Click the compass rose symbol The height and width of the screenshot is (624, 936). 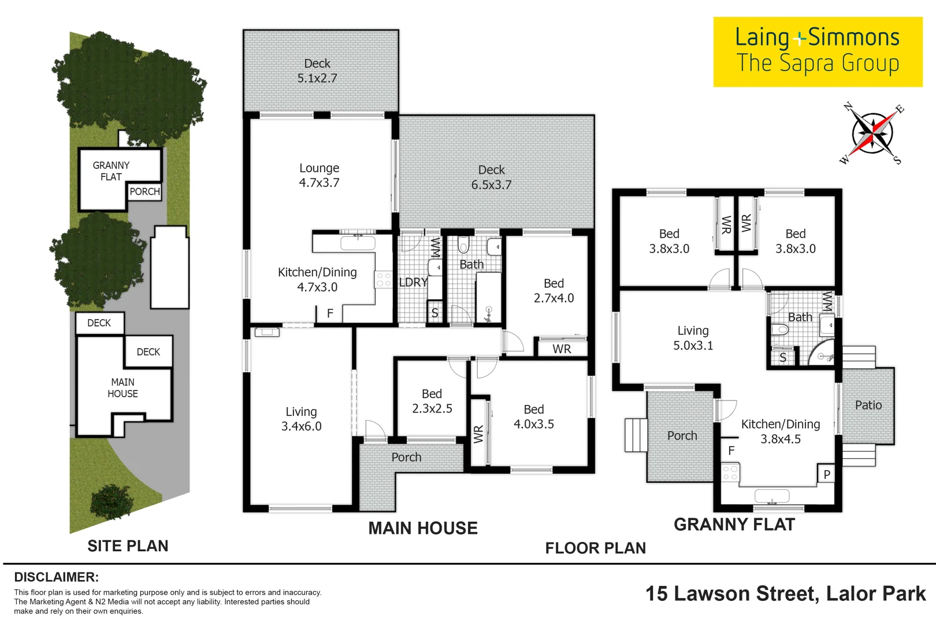click(x=872, y=134)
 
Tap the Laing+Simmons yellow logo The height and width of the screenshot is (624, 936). click(x=817, y=51)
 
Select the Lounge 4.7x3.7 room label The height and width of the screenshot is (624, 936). click(x=319, y=175)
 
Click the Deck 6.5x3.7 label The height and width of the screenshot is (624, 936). click(x=491, y=177)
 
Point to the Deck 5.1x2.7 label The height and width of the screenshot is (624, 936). click(x=317, y=70)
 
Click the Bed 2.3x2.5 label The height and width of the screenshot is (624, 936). click(x=432, y=401)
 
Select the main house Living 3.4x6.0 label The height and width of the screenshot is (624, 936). click(x=301, y=419)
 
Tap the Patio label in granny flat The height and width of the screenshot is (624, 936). click(x=868, y=405)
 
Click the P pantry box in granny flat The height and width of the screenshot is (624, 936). click(x=826, y=474)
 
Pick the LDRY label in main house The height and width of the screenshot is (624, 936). click(x=413, y=282)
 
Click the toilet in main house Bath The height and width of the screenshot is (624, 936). click(x=463, y=246)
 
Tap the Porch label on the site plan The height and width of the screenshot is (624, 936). click(x=144, y=191)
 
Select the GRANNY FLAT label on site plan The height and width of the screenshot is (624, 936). click(x=111, y=171)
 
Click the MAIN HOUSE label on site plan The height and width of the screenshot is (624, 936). click(x=122, y=388)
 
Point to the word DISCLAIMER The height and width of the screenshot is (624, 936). click(x=56, y=577)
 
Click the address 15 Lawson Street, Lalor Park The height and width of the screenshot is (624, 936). click(x=785, y=593)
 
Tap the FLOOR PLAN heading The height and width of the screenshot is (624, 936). click(x=595, y=548)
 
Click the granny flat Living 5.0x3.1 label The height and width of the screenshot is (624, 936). click(x=693, y=338)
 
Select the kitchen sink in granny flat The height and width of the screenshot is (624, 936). click(x=772, y=496)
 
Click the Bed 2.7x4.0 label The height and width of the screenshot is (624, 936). click(x=554, y=291)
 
